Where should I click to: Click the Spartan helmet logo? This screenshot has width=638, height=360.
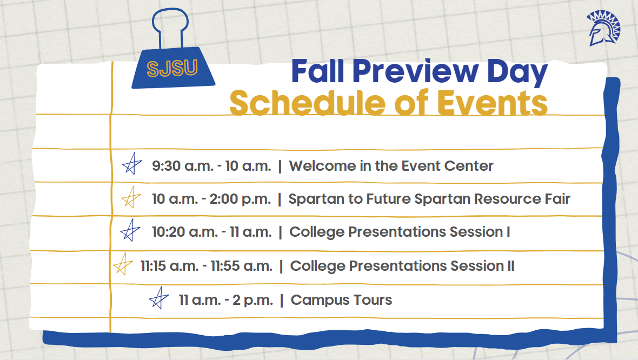tap(603, 28)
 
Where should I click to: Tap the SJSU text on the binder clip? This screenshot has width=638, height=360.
tap(172, 68)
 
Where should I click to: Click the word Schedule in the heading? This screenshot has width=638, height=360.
tap(308, 103)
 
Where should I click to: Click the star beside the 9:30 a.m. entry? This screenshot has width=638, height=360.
tap(132, 164)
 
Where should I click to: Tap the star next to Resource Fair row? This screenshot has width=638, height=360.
tap(131, 197)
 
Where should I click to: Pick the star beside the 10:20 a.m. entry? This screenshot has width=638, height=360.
tap(130, 230)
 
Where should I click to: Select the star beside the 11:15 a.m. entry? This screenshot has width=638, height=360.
tap(123, 264)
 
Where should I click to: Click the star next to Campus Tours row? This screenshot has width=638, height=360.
tap(158, 298)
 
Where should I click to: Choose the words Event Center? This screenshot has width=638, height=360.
tap(447, 166)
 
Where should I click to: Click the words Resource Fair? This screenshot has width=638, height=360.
tap(522, 199)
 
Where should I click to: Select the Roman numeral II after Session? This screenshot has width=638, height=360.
tap(510, 266)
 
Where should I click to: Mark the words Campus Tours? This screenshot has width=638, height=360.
tap(341, 300)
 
